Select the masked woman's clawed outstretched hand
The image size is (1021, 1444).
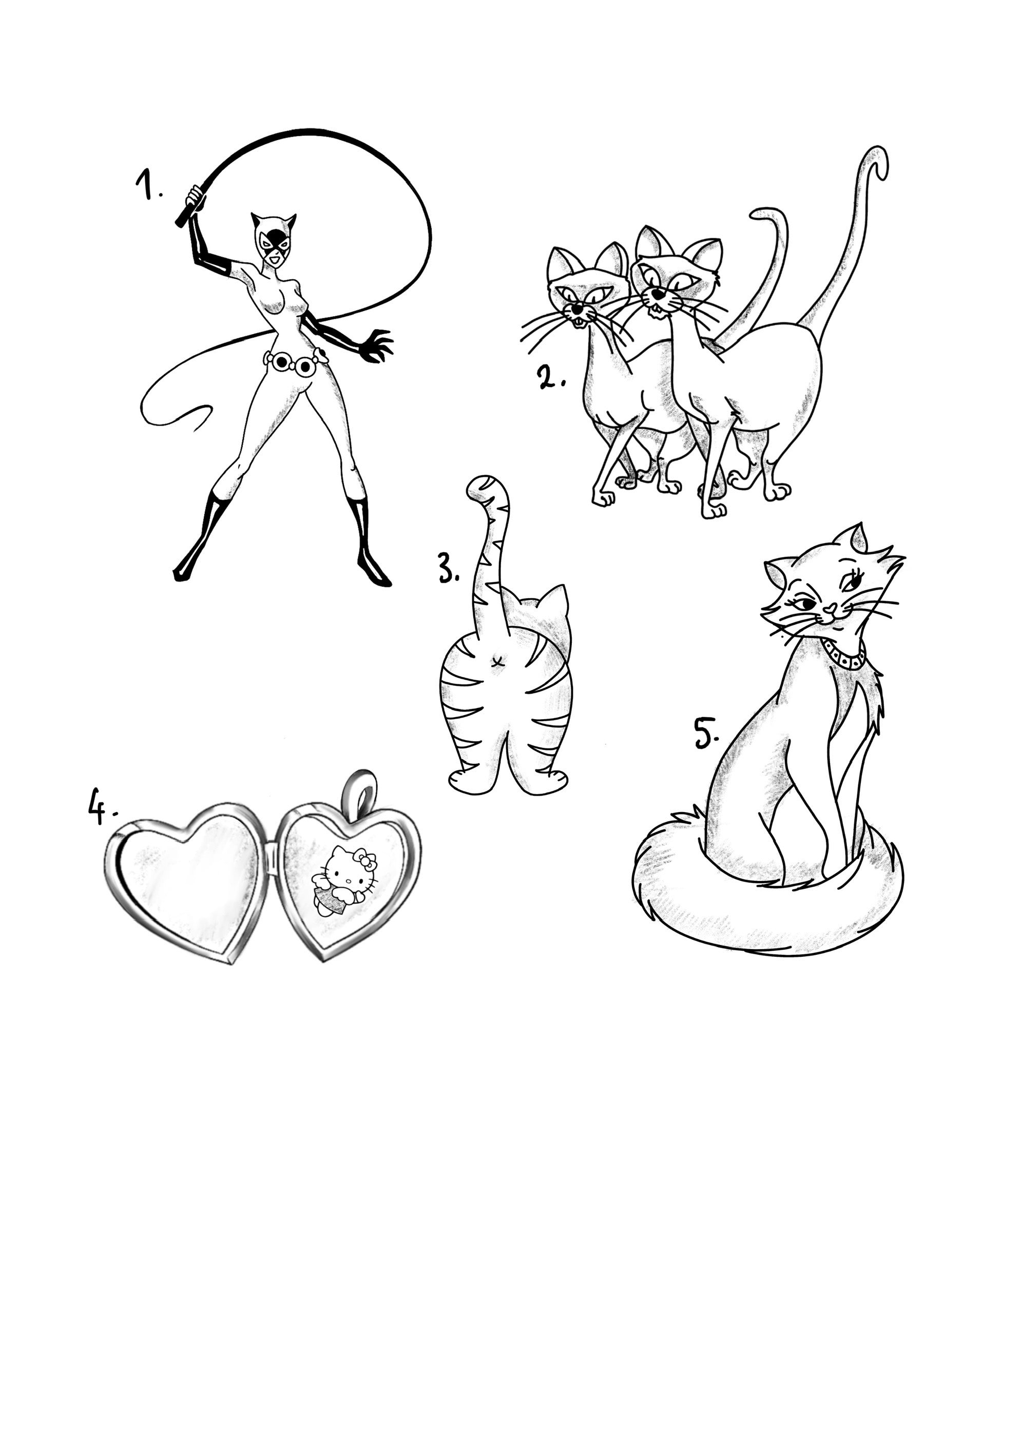377,345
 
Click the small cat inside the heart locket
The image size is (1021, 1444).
345,881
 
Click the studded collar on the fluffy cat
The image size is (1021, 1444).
843,656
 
